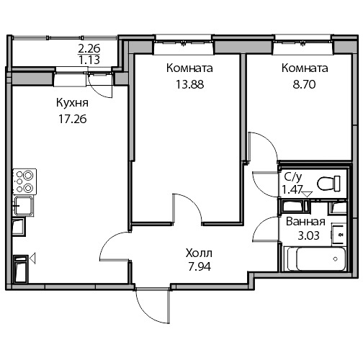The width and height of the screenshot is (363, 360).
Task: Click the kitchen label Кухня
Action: tap(72, 103)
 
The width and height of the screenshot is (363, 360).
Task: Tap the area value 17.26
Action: tap(73, 119)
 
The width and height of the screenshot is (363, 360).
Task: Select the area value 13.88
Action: tap(189, 84)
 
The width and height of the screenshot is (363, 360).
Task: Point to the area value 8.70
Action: tap(304, 84)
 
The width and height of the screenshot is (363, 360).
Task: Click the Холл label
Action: tap(199, 253)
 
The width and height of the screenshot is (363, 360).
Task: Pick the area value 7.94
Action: tap(200, 266)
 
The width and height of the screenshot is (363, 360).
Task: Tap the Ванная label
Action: tap(305, 222)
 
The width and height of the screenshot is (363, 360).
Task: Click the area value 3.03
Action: tap(308, 235)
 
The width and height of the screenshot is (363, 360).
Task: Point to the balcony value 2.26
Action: tap(89, 49)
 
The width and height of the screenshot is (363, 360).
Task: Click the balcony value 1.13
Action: tap(89, 60)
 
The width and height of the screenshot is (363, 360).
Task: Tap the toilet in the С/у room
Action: tap(328, 184)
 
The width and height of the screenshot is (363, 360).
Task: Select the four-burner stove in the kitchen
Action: tap(24, 181)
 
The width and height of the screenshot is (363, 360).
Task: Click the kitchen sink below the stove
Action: tap(23, 206)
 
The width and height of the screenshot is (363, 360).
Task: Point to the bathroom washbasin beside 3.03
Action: tap(339, 234)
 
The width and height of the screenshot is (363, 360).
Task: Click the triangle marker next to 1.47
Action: tap(307, 194)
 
